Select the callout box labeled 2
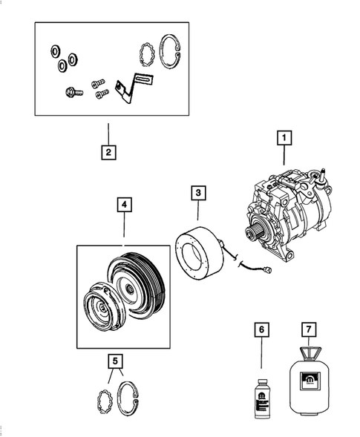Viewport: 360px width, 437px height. (x=108, y=153)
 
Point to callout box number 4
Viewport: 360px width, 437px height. (x=124, y=203)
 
